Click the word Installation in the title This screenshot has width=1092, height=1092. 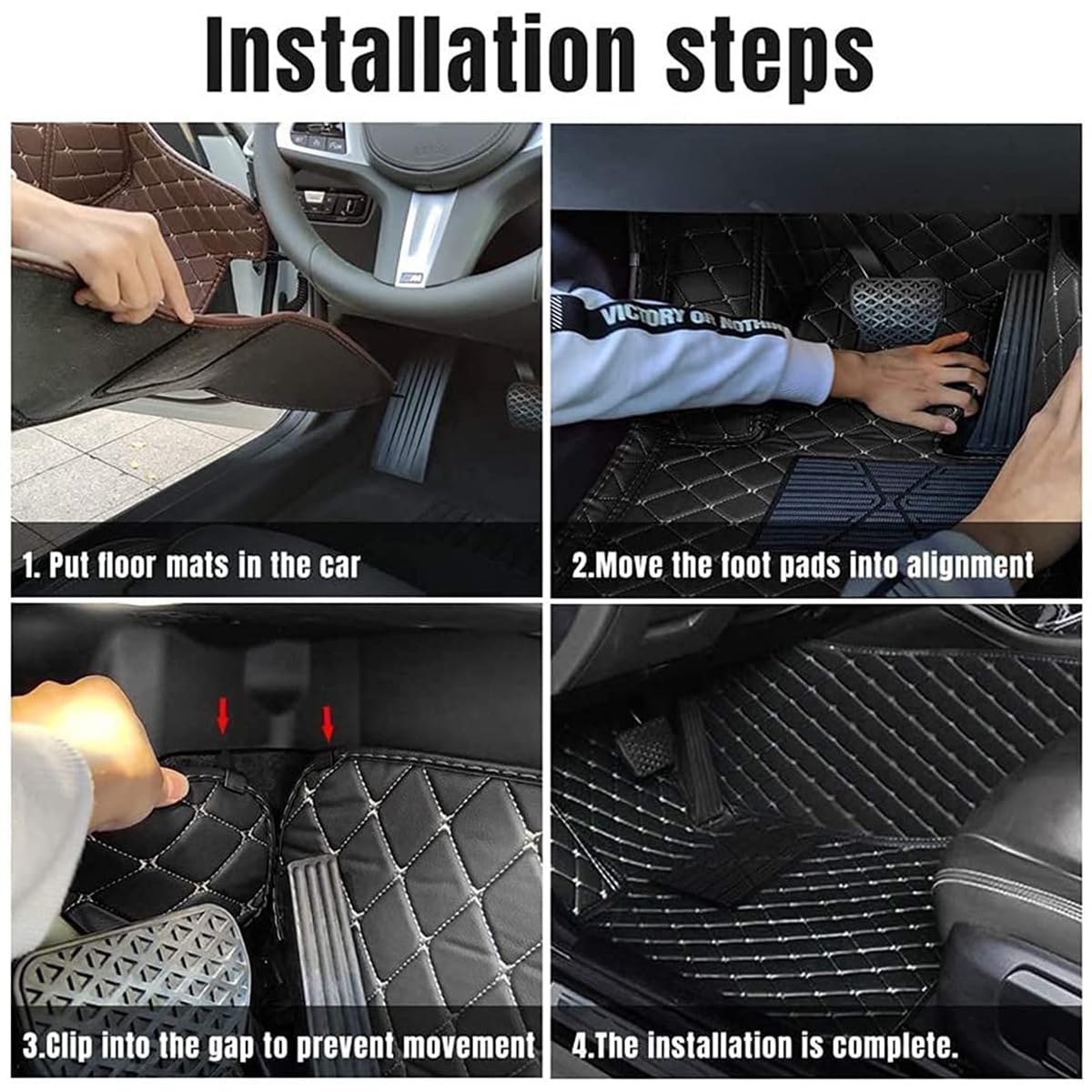point(420,55)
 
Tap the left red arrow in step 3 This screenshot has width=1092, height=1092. point(223,716)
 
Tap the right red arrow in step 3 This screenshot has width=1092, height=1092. point(328,723)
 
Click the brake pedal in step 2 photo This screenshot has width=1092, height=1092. point(897,306)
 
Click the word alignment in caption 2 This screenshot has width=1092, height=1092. point(970,565)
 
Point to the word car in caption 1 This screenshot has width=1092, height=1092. point(339,565)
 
